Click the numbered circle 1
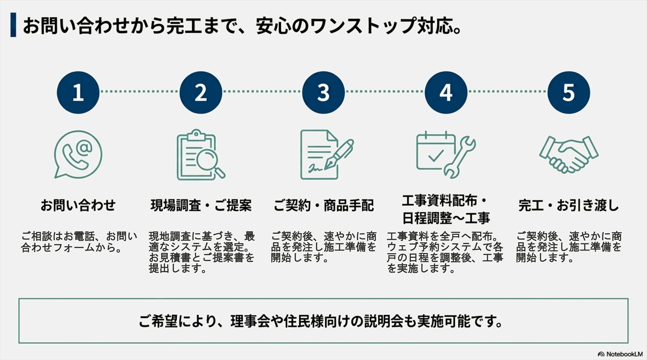click(78, 92)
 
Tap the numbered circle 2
click(201, 92)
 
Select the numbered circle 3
click(323, 92)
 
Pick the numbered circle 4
click(446, 92)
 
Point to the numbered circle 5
click(568, 92)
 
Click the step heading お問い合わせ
click(78, 205)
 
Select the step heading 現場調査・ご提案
click(201, 205)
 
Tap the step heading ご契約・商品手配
click(323, 205)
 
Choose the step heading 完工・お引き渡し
click(569, 205)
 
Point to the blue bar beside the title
click(13, 25)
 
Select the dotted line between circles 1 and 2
click(140, 91)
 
